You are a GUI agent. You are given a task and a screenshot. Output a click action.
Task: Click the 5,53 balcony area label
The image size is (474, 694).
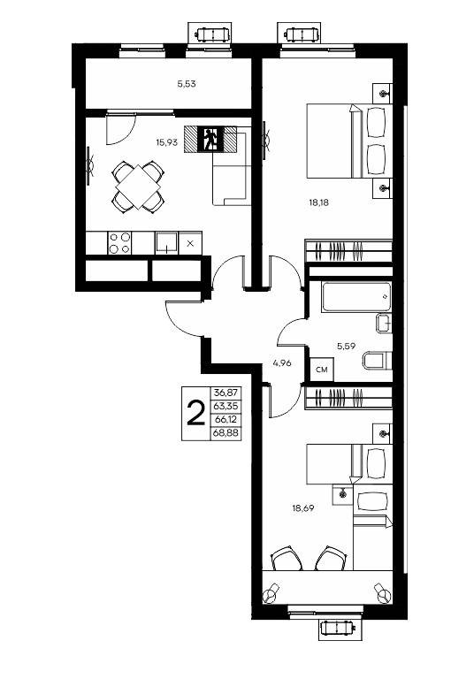(187, 84)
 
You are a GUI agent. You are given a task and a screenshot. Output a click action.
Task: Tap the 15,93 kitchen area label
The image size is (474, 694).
(166, 142)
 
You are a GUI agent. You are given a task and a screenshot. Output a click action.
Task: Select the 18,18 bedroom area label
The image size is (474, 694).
(318, 203)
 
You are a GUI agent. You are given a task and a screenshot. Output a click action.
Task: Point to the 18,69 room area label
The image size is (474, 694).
(302, 508)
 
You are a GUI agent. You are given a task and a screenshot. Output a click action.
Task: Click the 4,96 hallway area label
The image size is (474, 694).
(282, 363)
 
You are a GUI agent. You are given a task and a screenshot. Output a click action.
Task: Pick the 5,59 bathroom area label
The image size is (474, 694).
(346, 346)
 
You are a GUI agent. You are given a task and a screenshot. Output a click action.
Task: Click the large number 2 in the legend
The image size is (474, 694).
(195, 413)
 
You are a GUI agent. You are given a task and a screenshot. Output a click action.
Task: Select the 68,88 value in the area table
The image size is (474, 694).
(226, 433)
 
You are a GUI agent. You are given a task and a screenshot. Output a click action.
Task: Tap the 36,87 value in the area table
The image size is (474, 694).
(226, 393)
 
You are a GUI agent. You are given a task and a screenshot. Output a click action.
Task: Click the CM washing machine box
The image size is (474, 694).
(322, 370)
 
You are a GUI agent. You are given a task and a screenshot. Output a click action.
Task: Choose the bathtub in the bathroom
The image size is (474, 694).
(356, 296)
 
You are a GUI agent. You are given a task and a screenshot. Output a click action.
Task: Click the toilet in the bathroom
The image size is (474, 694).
(377, 361)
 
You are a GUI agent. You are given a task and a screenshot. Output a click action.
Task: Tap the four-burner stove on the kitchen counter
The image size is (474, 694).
(120, 243)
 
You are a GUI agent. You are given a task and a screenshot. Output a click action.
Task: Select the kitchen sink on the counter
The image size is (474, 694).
(166, 243)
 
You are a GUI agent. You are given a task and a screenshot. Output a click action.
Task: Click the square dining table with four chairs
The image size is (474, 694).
(138, 187)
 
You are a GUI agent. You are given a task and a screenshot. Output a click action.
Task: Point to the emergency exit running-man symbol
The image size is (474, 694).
(210, 140)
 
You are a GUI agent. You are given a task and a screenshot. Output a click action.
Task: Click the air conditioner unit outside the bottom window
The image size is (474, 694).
(338, 629)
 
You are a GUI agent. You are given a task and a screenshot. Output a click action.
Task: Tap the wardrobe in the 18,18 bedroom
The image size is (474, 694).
(348, 250)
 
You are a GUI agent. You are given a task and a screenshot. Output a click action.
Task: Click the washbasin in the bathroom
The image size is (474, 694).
(384, 323)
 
